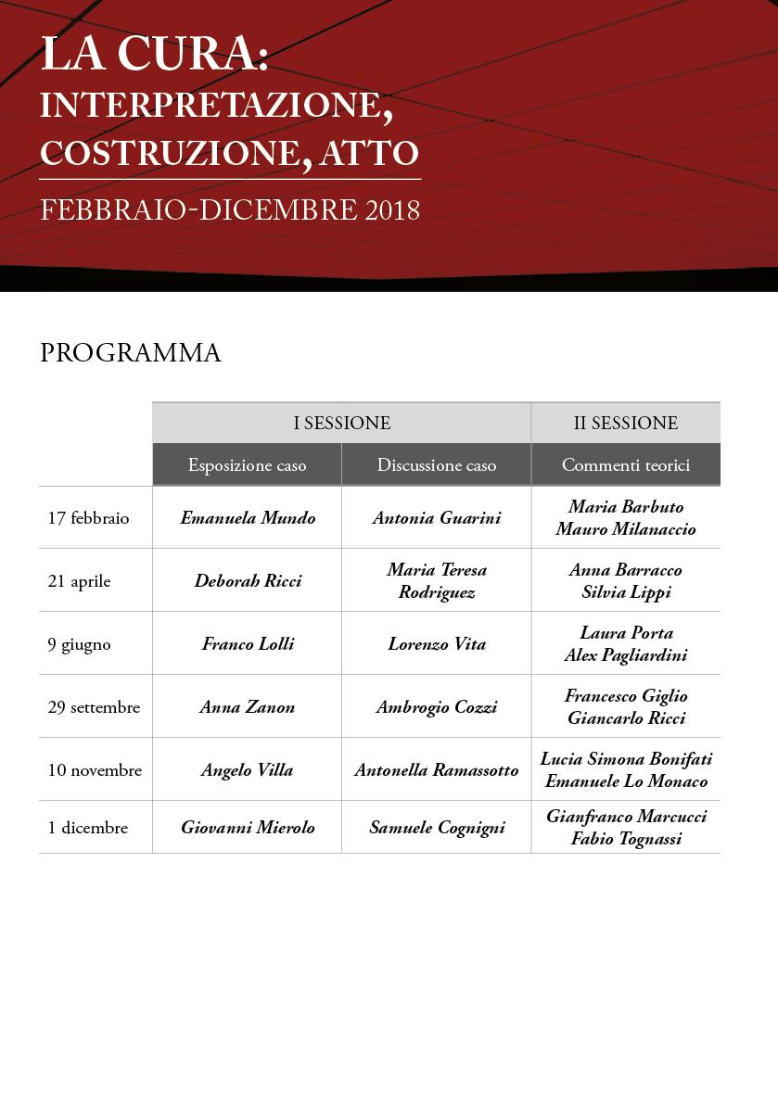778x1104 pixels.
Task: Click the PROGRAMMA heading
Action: click(x=131, y=353)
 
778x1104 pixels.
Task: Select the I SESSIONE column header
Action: click(x=341, y=424)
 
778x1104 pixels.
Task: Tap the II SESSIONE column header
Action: click(x=625, y=424)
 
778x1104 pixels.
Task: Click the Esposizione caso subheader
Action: click(x=247, y=465)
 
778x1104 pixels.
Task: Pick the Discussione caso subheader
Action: click(x=436, y=465)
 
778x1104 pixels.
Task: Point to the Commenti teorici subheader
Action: click(x=625, y=465)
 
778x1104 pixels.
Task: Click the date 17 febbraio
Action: click(x=88, y=518)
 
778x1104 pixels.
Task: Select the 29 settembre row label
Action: click(x=94, y=707)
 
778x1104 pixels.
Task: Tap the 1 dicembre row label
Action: click(x=87, y=828)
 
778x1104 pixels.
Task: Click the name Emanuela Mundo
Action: click(x=248, y=518)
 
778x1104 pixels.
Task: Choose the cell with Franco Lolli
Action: click(x=248, y=644)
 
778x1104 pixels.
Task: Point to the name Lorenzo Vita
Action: click(x=436, y=644)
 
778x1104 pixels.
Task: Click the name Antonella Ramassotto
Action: click(x=436, y=770)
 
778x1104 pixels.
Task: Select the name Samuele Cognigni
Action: click(x=437, y=828)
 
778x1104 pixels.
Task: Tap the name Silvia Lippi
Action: click(x=626, y=592)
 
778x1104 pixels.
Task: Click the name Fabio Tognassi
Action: click(x=626, y=839)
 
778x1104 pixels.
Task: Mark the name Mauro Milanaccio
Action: click(x=626, y=529)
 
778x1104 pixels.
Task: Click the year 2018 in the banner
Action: click(x=393, y=210)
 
